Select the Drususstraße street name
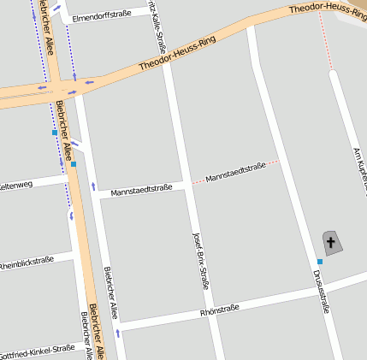(321, 291)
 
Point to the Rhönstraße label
(220, 308)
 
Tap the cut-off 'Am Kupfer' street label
(359, 167)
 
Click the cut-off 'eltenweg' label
(15, 184)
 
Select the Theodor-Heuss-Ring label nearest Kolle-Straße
(177, 53)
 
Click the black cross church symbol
(331, 241)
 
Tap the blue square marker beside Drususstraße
(319, 261)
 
